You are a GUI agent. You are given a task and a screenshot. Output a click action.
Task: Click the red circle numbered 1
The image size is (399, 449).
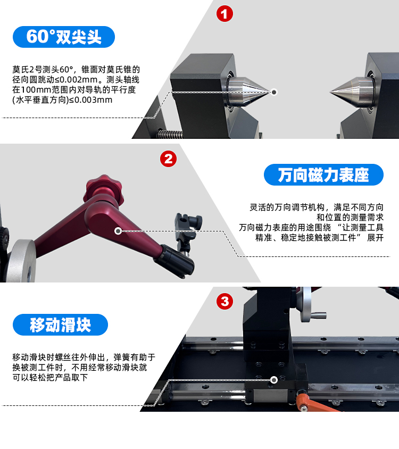[x=225, y=14]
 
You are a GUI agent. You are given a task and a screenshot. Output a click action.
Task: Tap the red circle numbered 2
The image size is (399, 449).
[x=169, y=159]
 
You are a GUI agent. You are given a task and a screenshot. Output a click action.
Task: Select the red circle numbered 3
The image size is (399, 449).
[x=225, y=301]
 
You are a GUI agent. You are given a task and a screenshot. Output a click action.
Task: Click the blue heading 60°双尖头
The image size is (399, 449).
[x=64, y=37]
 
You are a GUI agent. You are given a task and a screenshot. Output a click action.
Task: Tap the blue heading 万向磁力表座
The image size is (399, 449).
[x=323, y=174]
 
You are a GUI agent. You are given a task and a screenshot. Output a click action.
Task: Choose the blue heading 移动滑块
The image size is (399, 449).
[x=60, y=325]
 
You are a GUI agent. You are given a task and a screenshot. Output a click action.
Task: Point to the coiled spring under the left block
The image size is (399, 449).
[x=170, y=134]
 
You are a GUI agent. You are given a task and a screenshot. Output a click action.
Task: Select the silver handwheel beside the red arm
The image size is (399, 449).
[x=21, y=261]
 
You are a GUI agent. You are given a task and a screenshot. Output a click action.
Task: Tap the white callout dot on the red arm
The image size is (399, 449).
[x=118, y=231]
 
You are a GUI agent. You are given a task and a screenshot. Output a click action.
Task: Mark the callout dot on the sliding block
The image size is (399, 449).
[x=274, y=380]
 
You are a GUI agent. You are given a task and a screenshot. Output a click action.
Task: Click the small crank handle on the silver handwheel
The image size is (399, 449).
[x=319, y=315]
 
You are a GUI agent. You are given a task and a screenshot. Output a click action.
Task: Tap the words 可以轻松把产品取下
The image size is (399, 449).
[x=50, y=377]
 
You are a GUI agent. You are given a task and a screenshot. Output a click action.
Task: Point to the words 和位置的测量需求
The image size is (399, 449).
[x=350, y=218]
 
